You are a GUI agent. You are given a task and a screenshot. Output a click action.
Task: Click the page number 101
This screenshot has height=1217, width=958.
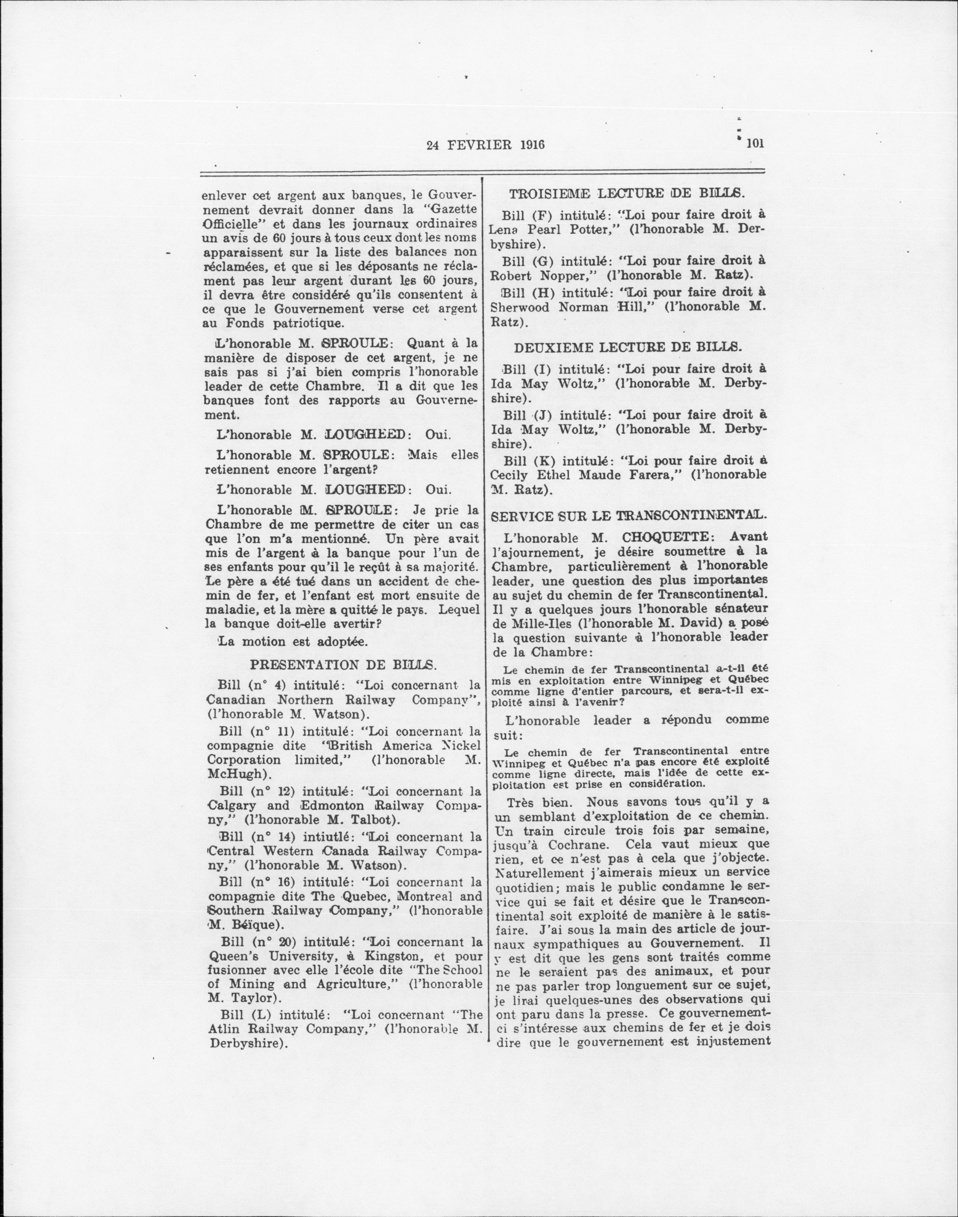pos(755,144)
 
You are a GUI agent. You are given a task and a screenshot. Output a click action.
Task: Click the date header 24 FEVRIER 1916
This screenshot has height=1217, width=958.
pos(486,145)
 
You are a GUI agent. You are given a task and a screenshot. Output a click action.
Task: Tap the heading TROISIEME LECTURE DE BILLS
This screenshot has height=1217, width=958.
pos(627,194)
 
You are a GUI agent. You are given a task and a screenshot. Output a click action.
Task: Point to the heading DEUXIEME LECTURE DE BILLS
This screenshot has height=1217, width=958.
pos(628,347)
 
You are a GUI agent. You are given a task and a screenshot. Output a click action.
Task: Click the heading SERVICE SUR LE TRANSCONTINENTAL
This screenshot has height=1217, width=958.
pos(627,514)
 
